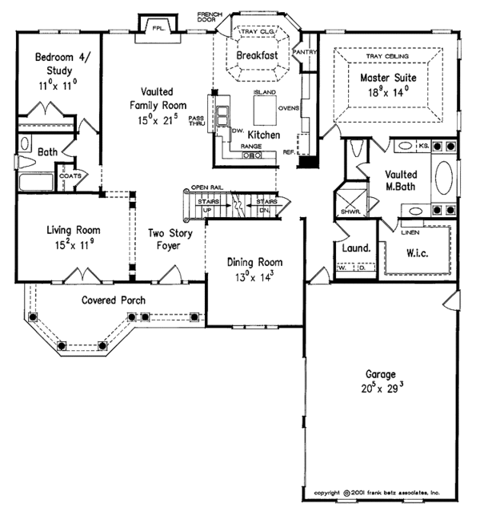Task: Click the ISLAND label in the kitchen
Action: pyautogui.click(x=264, y=93)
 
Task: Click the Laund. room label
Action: pyautogui.click(x=355, y=248)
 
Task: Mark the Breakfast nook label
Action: pyautogui.click(x=258, y=56)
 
